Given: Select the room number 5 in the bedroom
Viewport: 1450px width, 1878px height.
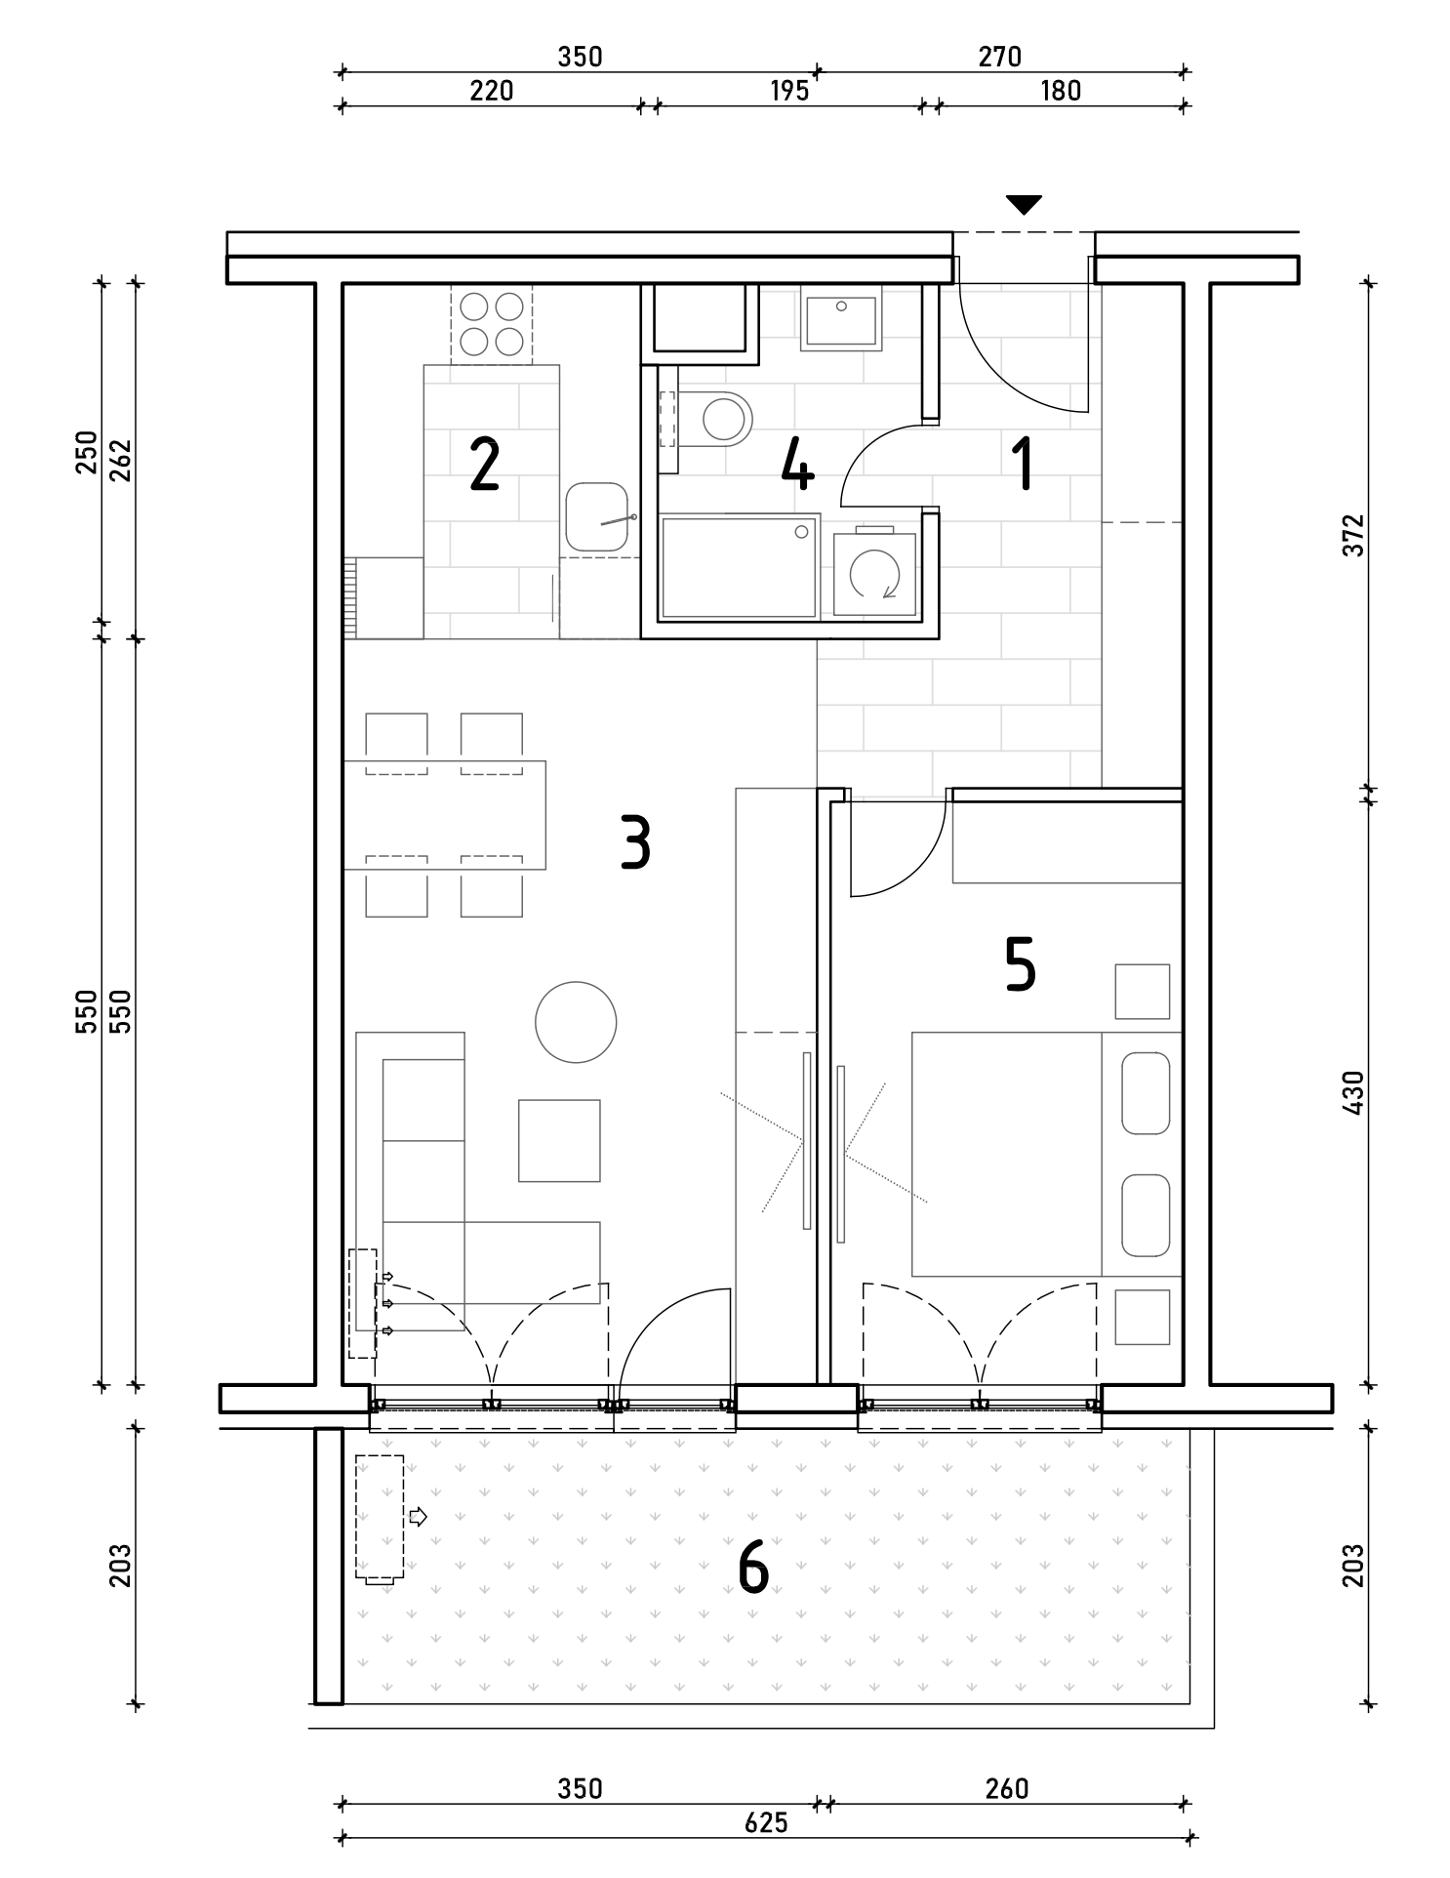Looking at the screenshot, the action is [1020, 965].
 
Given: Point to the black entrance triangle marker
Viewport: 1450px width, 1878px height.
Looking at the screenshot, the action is [1024, 205].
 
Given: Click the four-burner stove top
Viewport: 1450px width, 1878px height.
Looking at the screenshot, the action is [492, 324].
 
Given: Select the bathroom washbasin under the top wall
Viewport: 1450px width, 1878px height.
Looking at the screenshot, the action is [840, 317].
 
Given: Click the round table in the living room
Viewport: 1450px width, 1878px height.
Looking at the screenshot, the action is [576, 1022].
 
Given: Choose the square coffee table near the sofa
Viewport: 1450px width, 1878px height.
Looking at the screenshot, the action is [559, 1140].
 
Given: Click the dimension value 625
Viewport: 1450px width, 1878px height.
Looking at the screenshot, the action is [766, 1822].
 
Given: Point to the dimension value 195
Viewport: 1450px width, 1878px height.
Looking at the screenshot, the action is [789, 91].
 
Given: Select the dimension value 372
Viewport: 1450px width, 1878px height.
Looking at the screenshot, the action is [1352, 535].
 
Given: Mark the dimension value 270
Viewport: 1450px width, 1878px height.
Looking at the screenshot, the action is [1000, 58].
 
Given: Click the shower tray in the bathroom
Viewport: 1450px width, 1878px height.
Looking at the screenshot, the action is [740, 568].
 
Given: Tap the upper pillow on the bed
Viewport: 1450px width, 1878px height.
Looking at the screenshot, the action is [1146, 1092].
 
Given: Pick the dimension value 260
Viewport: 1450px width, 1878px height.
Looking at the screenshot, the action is [1007, 1788].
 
